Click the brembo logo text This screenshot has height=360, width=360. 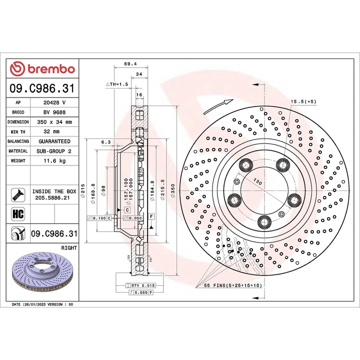pos(51,69)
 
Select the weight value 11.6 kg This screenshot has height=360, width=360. pos(54,160)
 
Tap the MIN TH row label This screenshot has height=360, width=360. pos(18,132)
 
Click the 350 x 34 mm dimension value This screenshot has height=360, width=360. pos(54,122)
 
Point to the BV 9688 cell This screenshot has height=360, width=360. pos(54,112)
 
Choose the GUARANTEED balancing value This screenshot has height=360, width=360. pos(54,141)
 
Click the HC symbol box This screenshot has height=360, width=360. pos(18,214)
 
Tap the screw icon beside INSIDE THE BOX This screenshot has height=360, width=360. pos(18,194)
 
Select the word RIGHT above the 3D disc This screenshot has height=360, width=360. pos(69,248)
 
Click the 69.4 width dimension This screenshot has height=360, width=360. pos(130,64)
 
